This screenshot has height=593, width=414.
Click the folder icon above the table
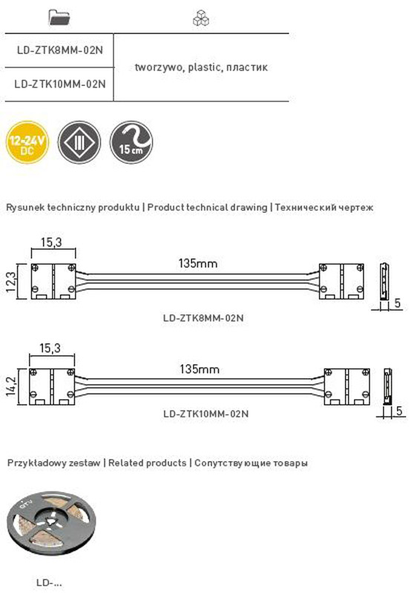click(x=59, y=17)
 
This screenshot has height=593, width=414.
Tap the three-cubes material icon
click(x=200, y=18)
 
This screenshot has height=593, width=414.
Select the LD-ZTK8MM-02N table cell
click(x=60, y=50)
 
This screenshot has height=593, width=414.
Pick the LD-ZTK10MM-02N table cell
click(x=60, y=84)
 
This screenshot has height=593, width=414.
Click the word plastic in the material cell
click(x=204, y=67)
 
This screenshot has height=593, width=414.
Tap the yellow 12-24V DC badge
click(x=27, y=142)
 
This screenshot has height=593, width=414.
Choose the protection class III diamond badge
click(x=79, y=142)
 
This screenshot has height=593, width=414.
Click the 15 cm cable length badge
click(x=131, y=142)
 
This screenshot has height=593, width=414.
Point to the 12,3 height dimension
click(x=11, y=282)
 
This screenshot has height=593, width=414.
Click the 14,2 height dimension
click(x=11, y=386)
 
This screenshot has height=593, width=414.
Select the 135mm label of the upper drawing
click(x=198, y=263)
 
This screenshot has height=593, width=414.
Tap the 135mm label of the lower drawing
click(x=200, y=369)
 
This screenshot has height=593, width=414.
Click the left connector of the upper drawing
click(x=53, y=282)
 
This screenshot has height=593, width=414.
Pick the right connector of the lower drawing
click(x=347, y=386)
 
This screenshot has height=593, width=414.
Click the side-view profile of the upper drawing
click(x=384, y=282)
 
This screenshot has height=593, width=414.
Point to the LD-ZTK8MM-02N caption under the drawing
click(x=203, y=318)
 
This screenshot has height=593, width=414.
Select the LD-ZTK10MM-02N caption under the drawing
click(x=206, y=414)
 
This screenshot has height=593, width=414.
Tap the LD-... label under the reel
click(x=49, y=583)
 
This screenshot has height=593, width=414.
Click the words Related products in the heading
click(x=147, y=463)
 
